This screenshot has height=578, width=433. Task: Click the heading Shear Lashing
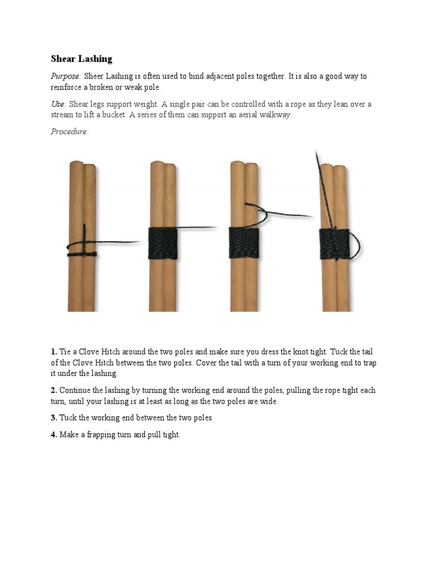pyautogui.click(x=81, y=59)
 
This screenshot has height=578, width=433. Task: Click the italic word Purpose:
pyautogui.click(x=66, y=76)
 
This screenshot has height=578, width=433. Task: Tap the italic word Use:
pyautogui.click(x=58, y=104)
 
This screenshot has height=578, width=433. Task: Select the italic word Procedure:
pyautogui.click(x=69, y=132)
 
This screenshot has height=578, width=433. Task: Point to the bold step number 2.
pyautogui.click(x=54, y=390)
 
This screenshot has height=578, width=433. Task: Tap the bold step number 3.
pyautogui.click(x=54, y=418)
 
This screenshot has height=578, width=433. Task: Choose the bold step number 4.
pyautogui.click(x=54, y=435)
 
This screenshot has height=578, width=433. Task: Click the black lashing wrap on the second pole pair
pyautogui.click(x=163, y=243)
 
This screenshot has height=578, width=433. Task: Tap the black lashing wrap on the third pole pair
pyautogui.click(x=244, y=243)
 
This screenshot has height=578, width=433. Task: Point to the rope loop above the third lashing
pyautogui.click(x=257, y=210)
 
